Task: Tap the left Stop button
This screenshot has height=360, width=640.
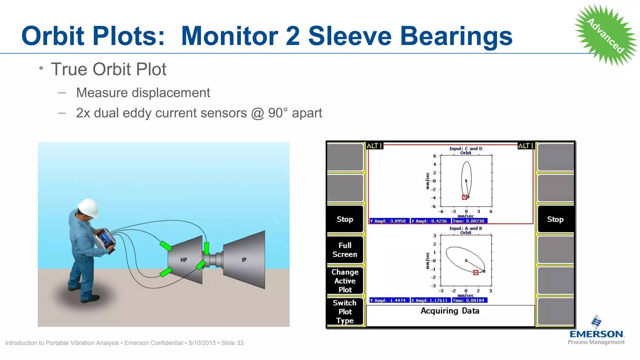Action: tap(345, 219)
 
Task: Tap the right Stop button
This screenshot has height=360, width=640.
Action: tap(555, 219)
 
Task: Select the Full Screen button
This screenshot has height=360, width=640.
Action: tap(345, 250)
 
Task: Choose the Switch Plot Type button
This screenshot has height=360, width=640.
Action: tap(345, 312)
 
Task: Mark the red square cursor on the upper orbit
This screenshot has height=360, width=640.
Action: tap(465, 197)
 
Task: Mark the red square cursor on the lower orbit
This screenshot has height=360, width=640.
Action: tap(476, 272)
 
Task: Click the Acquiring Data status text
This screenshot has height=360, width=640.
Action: tap(450, 311)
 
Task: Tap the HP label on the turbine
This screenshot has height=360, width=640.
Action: tap(184, 260)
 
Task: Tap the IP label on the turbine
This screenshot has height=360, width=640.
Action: tap(244, 260)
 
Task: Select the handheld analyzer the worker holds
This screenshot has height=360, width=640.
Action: tap(105, 240)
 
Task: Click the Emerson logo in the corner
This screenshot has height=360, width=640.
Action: tap(596, 331)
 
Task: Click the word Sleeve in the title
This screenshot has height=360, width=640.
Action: tap(350, 36)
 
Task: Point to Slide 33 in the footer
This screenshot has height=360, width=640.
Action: tap(232, 343)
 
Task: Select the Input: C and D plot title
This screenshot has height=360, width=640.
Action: tap(466, 149)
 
